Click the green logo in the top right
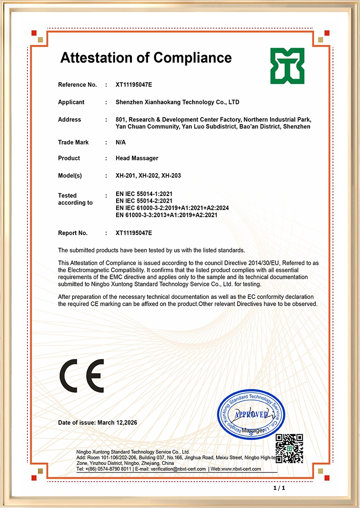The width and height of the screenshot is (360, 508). pyautogui.click(x=287, y=66)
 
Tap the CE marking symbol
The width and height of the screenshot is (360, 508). pyautogui.click(x=82, y=376)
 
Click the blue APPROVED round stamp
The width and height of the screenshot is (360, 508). pyautogui.click(x=251, y=414)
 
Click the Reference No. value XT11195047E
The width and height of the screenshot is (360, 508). pyautogui.click(x=134, y=85)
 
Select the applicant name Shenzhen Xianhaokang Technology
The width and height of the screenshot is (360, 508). pyautogui.click(x=177, y=102)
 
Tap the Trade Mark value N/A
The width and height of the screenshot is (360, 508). pyautogui.click(x=121, y=143)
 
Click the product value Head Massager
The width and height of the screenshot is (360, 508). pyautogui.click(x=137, y=158)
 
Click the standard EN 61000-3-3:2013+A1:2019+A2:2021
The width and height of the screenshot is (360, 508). pyautogui.click(x=166, y=215)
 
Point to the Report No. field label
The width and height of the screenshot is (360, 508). pyautogui.click(x=73, y=233)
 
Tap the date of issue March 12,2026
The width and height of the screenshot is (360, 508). pyautogui.click(x=117, y=423)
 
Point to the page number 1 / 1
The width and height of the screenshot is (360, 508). pyautogui.click(x=279, y=488)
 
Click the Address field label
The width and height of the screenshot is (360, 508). pyautogui.click(x=69, y=120)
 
